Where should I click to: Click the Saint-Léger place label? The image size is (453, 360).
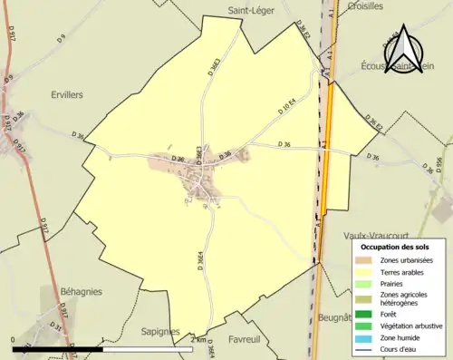coord(247,10)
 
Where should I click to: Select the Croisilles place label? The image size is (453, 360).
coord(365,5)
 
